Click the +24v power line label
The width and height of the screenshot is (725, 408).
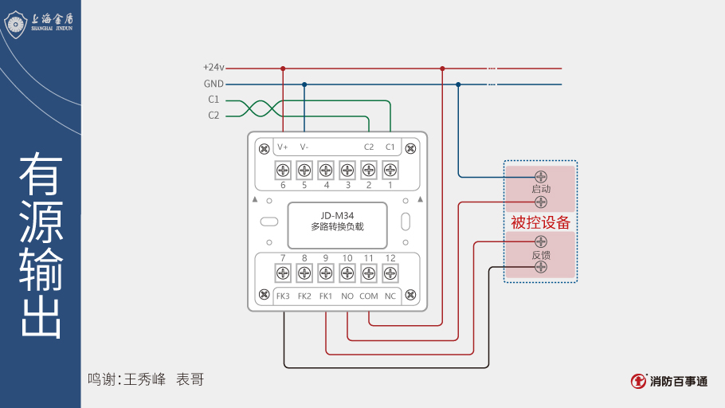(214, 68)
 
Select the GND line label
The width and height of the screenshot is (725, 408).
(214, 84)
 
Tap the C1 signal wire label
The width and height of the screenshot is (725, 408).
(214, 100)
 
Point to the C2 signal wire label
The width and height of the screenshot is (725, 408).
(214, 116)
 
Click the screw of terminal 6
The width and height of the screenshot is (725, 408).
(283, 170)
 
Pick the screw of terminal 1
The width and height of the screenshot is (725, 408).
(390, 170)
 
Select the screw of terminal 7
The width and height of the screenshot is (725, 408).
(283, 273)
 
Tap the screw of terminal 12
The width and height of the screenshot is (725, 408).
(390, 273)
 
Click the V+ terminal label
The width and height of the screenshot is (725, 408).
(283, 147)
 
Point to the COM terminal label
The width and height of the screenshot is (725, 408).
(368, 296)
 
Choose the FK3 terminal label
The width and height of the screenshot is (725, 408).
(283, 296)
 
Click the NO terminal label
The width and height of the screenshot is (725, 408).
(347, 296)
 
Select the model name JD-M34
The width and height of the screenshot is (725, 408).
(337, 215)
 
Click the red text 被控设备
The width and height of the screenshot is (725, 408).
(541, 222)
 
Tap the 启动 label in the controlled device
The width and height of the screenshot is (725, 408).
(541, 189)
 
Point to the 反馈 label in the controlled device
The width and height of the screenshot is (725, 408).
(541, 255)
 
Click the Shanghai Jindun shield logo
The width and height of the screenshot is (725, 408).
(17, 23)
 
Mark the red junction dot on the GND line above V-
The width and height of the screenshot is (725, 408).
(304, 84)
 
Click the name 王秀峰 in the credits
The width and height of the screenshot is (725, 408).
(144, 379)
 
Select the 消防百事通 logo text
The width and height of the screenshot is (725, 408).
(678, 381)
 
